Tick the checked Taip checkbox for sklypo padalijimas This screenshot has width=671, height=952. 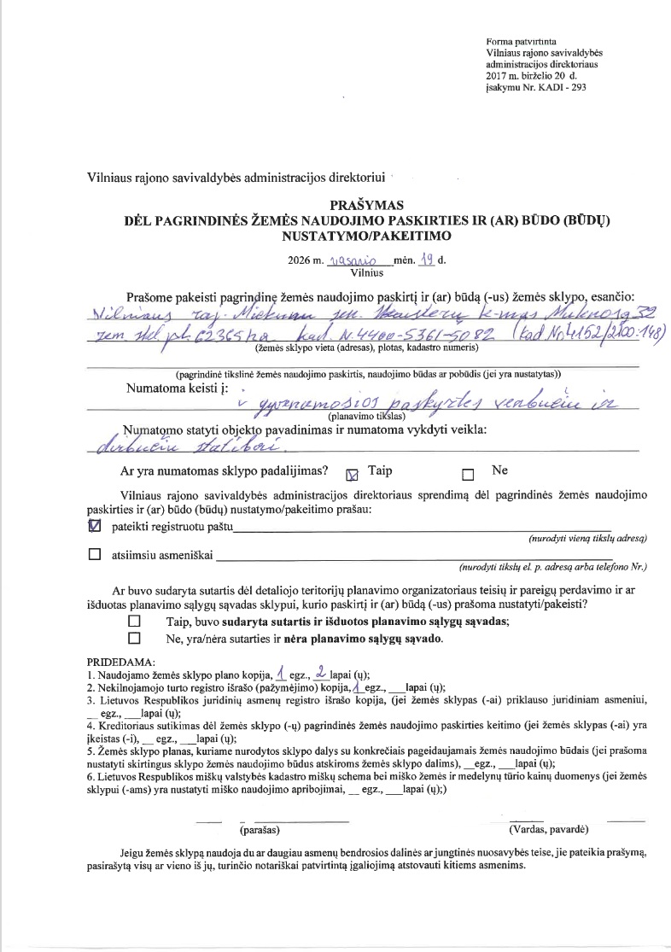click(x=349, y=471)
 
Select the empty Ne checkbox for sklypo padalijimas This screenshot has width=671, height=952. click(x=467, y=471)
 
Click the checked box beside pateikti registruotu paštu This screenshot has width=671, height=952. click(x=95, y=527)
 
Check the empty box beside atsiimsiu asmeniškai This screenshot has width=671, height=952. click(x=95, y=555)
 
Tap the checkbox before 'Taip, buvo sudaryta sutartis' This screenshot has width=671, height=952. click(x=133, y=621)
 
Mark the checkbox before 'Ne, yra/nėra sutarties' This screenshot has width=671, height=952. click(x=133, y=638)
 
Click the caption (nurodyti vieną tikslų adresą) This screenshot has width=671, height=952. click(x=577, y=540)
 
